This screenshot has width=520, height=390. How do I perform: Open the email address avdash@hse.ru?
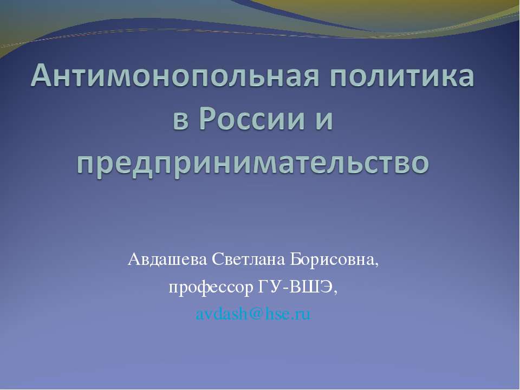[253, 314]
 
